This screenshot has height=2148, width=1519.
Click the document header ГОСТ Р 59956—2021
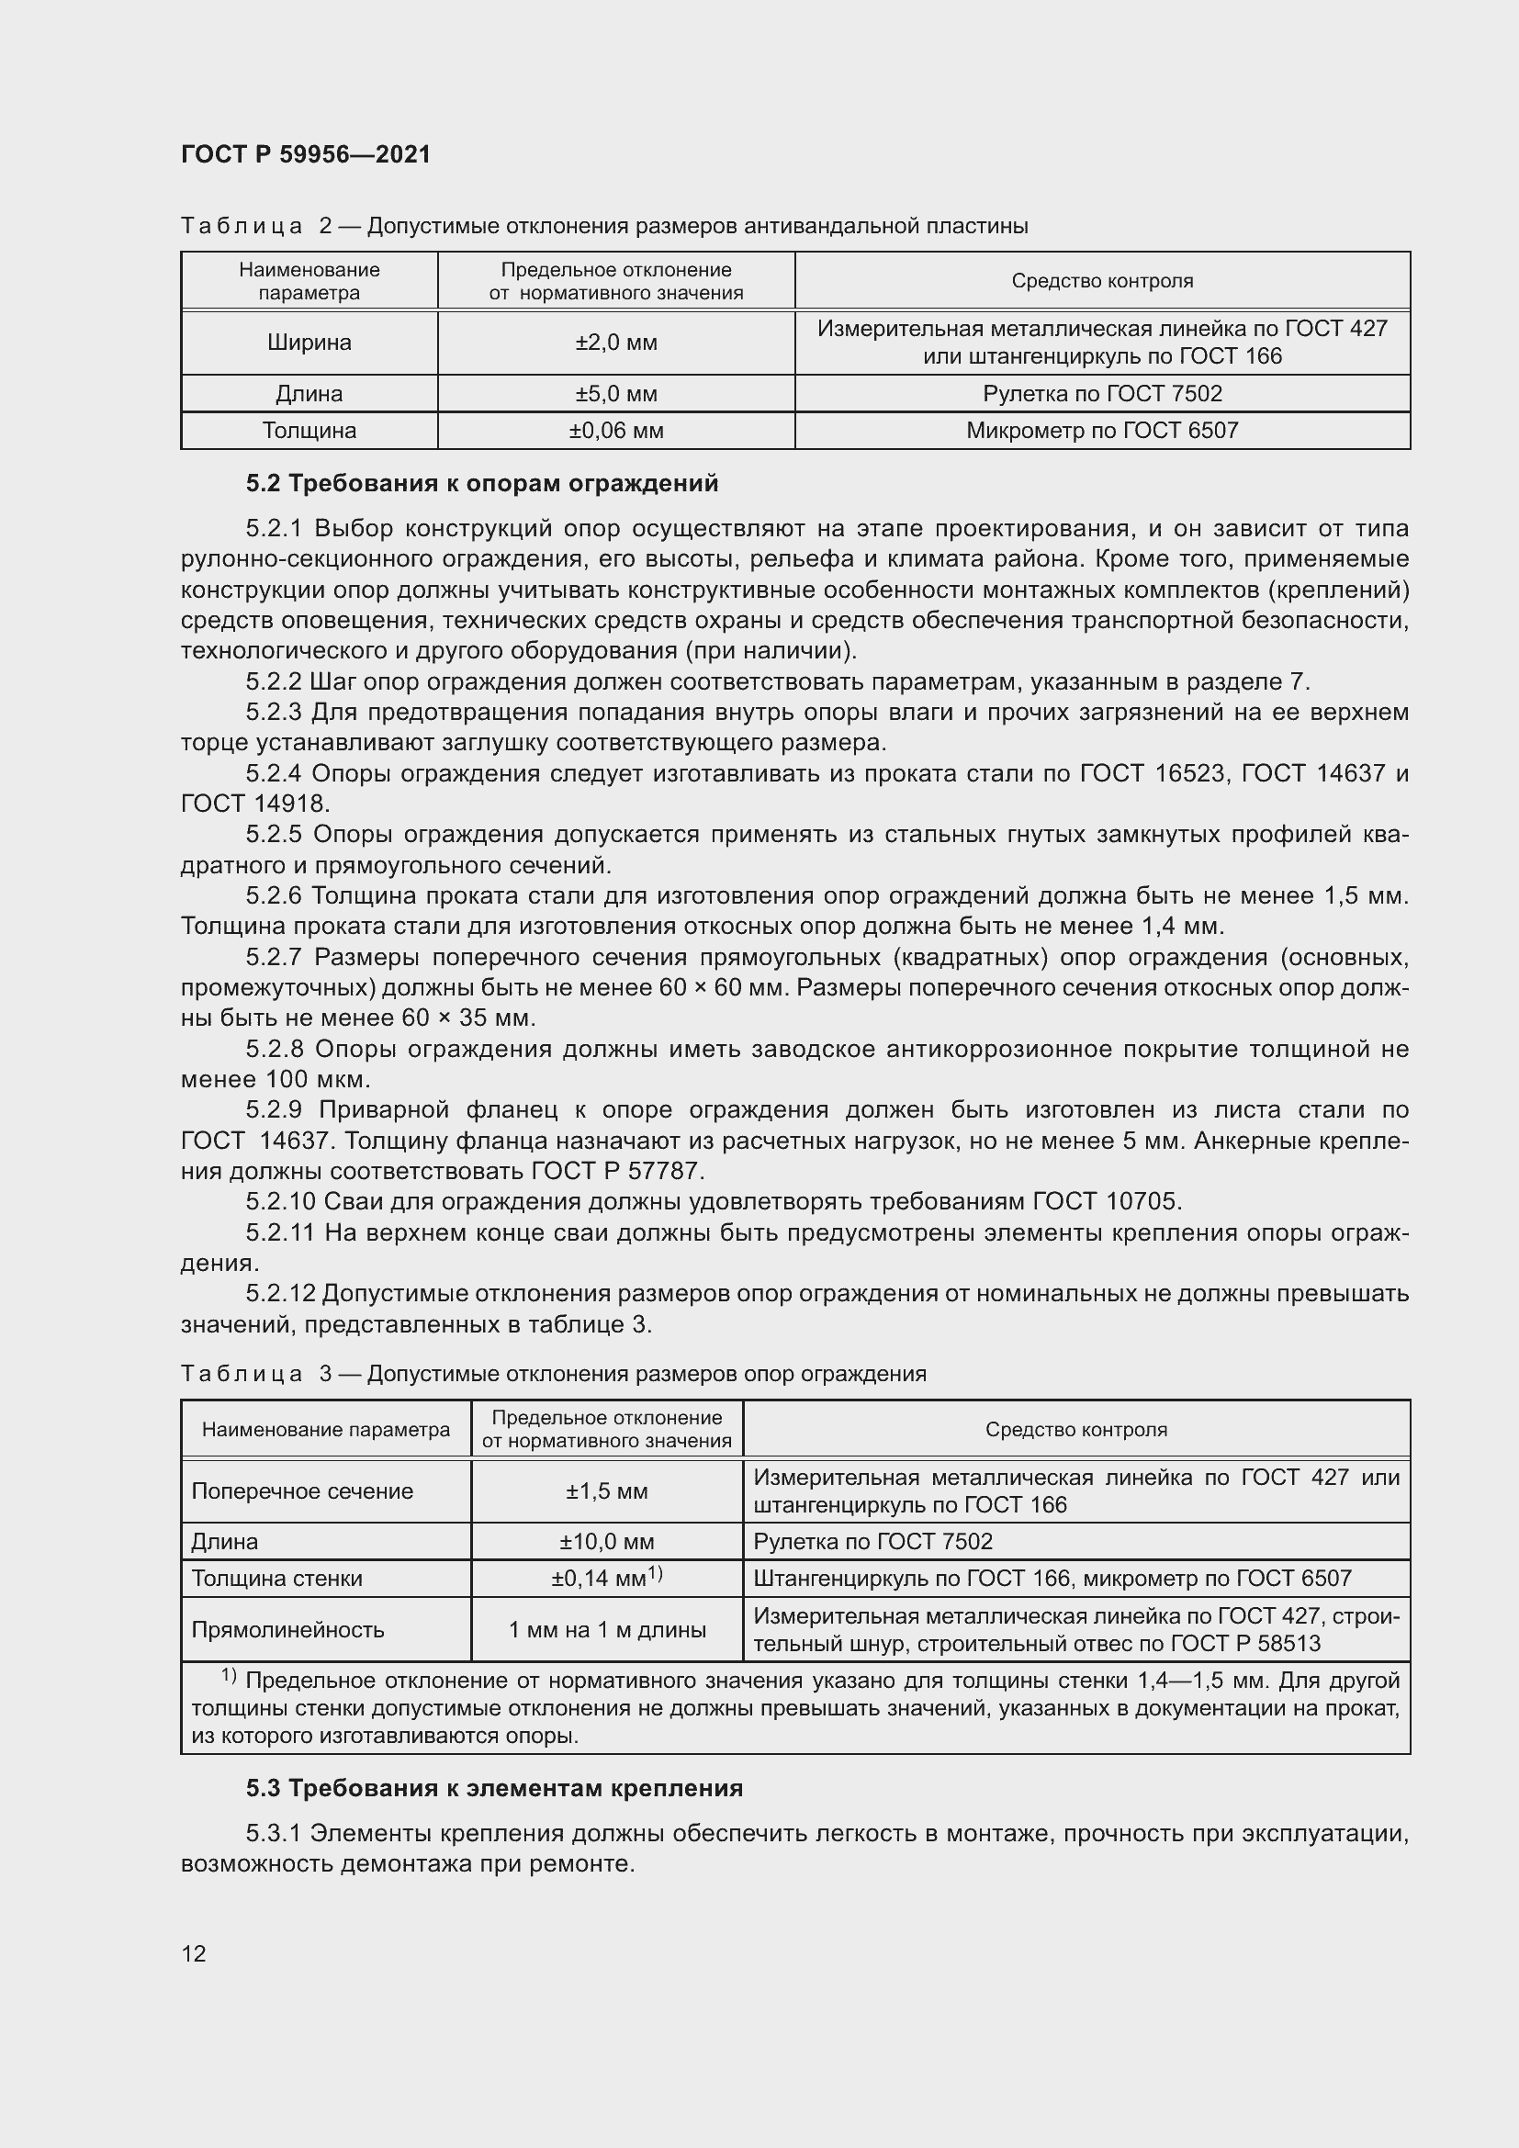305,154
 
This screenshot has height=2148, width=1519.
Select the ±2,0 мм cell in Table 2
615,343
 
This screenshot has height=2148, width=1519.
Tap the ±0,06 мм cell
615,431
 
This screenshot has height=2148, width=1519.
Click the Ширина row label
309,343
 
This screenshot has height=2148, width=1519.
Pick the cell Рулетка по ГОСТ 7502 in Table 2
1102,394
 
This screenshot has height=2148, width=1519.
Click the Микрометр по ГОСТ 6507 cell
1102,431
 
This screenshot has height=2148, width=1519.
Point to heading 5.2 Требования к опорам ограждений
482,484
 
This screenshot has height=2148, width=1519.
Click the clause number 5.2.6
273,896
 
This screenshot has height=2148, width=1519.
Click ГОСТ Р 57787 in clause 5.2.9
617,1170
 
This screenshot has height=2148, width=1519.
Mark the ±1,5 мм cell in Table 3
606,1491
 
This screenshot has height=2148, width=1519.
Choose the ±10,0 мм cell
606,1542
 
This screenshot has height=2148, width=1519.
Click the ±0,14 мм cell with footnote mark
606,1580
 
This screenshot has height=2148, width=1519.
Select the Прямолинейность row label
287,1630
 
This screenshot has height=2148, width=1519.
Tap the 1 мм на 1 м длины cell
606,1630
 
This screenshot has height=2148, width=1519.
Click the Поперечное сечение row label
301,1491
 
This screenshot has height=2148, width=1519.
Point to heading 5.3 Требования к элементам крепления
494,1789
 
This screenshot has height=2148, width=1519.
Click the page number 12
194,1953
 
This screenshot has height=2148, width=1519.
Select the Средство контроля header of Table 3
1075,1430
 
